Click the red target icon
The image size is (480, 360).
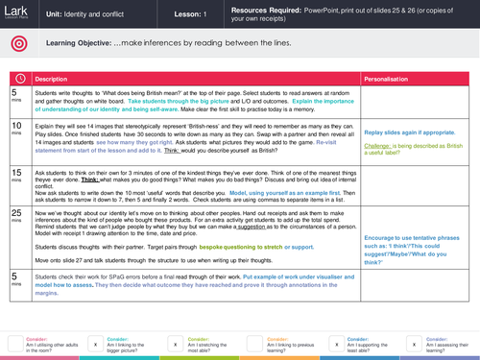click(x=17, y=44)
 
